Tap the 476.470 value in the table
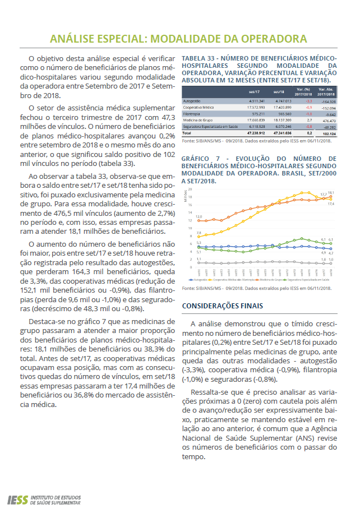(x=329, y=120)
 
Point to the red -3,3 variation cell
(x=308, y=101)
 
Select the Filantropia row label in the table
(x=192, y=114)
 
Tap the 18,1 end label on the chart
(x=331, y=194)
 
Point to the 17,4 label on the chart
(x=331, y=204)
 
